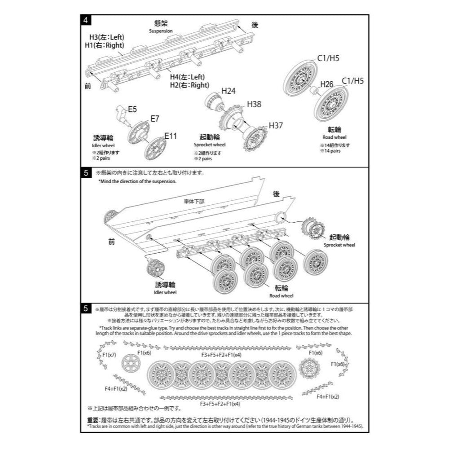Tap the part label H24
coord(228,91)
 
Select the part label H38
coord(254,104)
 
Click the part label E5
coord(132,108)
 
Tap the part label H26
coord(327,84)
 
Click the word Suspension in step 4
coord(161,31)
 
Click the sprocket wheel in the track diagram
coord(308,369)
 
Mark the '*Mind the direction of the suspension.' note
coord(137,181)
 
